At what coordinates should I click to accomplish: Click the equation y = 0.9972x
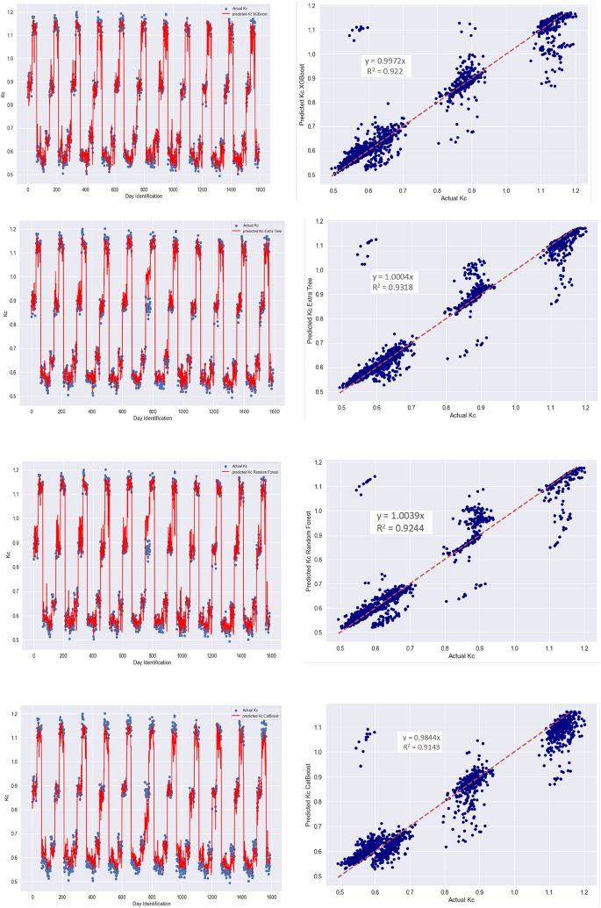(386, 62)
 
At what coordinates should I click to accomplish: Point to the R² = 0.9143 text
(421, 748)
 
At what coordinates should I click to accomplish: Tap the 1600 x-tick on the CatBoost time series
(268, 895)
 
